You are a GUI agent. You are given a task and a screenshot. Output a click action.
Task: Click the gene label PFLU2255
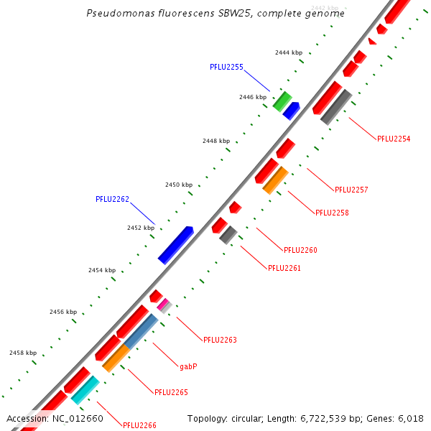(226, 67)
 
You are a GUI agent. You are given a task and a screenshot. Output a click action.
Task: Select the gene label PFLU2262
(112, 199)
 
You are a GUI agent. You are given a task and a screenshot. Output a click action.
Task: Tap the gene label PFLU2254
(394, 139)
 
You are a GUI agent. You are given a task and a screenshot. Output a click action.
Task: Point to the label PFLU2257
(351, 190)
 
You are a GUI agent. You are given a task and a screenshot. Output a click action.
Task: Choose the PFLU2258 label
(332, 213)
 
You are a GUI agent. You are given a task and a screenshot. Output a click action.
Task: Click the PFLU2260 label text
(300, 250)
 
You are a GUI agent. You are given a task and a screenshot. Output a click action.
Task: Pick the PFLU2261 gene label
(284, 268)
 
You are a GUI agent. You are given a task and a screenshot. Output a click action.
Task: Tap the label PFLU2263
(220, 340)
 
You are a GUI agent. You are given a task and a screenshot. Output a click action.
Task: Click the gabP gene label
(188, 366)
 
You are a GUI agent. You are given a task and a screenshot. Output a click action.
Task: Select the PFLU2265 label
(171, 392)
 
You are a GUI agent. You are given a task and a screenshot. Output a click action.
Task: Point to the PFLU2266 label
(139, 425)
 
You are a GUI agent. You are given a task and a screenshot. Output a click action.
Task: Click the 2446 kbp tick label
(253, 97)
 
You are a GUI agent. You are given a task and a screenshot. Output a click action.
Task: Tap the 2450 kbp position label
(179, 185)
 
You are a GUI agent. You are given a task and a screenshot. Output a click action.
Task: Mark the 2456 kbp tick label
(63, 312)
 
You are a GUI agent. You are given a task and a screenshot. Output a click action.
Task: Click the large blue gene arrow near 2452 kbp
(175, 245)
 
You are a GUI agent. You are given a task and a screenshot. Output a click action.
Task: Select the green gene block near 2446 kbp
(282, 101)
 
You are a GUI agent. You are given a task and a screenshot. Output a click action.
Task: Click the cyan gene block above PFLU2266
(85, 390)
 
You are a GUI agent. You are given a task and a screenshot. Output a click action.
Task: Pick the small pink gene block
(162, 305)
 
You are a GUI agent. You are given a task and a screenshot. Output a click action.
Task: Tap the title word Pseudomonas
(117, 14)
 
